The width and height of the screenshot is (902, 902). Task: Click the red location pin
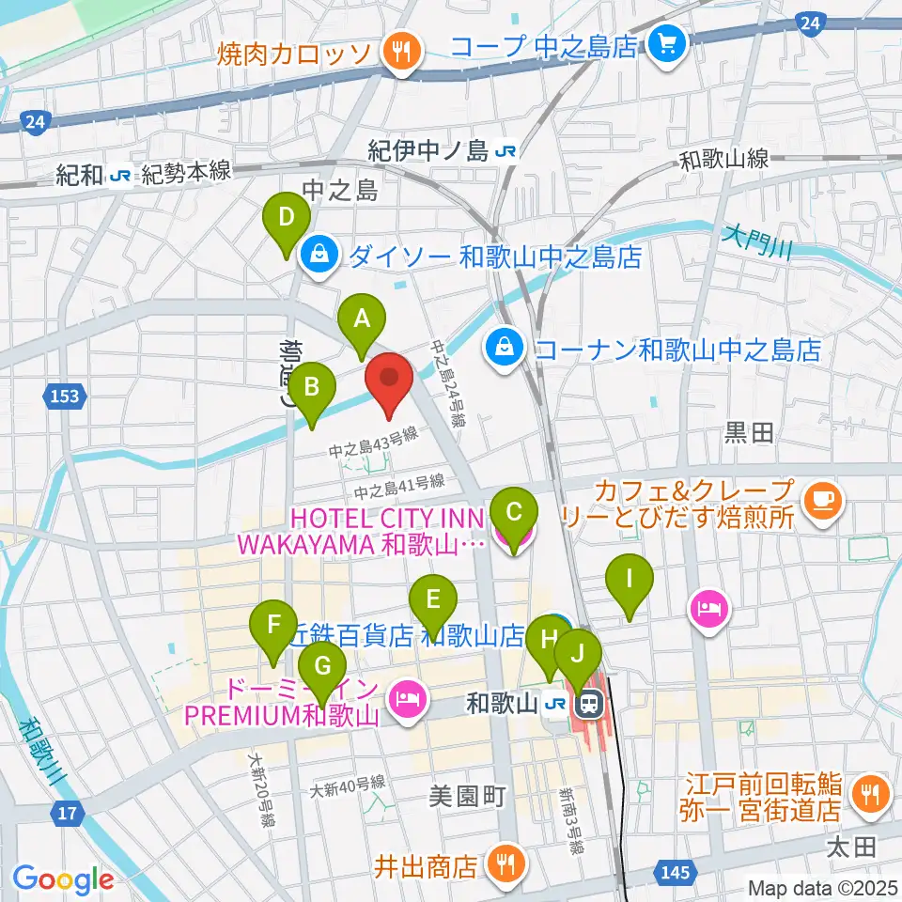[389, 383]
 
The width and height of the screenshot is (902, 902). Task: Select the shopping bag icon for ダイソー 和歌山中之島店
[319, 254]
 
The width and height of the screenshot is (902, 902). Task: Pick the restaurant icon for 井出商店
[506, 865]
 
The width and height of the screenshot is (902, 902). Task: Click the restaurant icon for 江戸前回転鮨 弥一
[865, 794]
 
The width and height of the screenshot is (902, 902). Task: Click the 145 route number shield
[677, 874]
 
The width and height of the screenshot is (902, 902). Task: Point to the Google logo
[63, 879]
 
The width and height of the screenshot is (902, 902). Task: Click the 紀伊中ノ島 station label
[443, 150]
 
